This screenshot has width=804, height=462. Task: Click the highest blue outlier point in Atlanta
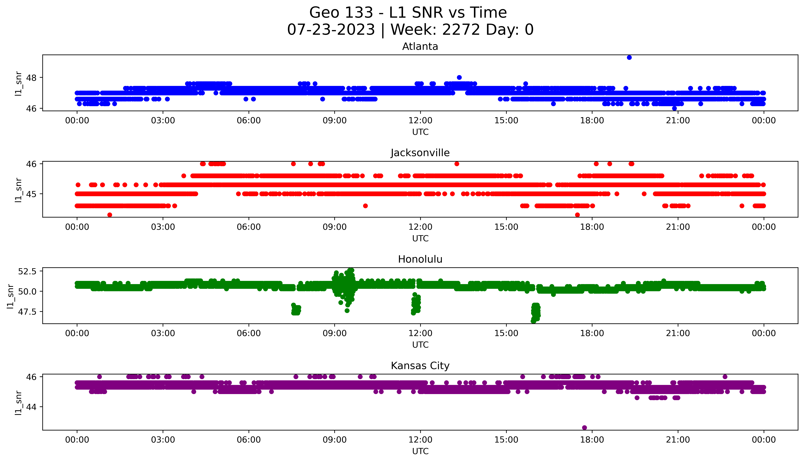click(629, 57)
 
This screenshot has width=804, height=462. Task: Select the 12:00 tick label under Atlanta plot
click(420, 121)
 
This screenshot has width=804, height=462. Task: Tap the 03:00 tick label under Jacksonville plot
click(163, 227)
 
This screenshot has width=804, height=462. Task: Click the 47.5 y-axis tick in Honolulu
click(27, 312)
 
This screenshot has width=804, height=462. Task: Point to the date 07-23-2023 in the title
click(331, 30)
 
